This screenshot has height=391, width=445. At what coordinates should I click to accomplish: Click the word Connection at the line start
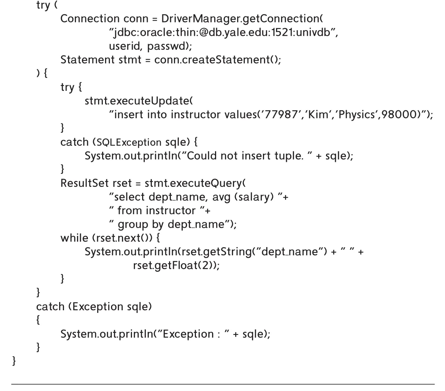90,19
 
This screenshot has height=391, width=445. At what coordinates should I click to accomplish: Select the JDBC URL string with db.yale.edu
223,33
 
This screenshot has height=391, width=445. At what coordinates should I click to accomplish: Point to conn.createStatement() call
218,60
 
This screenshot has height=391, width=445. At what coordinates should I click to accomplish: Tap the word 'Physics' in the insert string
357,115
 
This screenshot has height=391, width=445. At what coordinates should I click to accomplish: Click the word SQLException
129,142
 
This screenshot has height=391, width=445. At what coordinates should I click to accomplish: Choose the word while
74,238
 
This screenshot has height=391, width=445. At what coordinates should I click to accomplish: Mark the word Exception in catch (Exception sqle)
98,307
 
